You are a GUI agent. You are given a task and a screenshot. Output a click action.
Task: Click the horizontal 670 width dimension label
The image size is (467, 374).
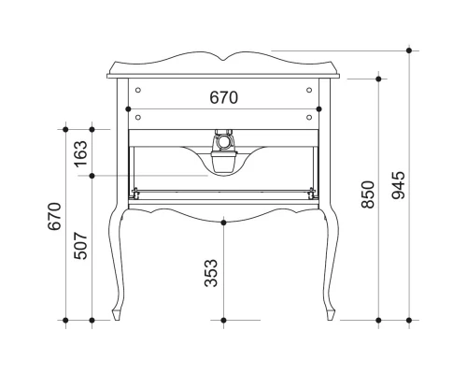223,97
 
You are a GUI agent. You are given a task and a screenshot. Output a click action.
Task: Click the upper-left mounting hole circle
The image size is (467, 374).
137,91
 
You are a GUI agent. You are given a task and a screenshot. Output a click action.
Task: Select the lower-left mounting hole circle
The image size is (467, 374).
137,117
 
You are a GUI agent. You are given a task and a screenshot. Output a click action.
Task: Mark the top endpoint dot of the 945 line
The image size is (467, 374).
411,50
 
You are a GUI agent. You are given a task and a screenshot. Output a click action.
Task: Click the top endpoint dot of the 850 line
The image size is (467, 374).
378,79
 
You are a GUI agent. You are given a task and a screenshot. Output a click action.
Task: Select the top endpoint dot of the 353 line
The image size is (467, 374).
223,222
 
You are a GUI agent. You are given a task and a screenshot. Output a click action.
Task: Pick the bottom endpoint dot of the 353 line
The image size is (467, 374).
223,322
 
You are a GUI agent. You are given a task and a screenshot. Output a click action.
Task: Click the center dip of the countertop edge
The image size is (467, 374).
223,62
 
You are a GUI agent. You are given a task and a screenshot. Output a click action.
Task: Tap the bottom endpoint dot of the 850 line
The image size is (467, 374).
378,322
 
